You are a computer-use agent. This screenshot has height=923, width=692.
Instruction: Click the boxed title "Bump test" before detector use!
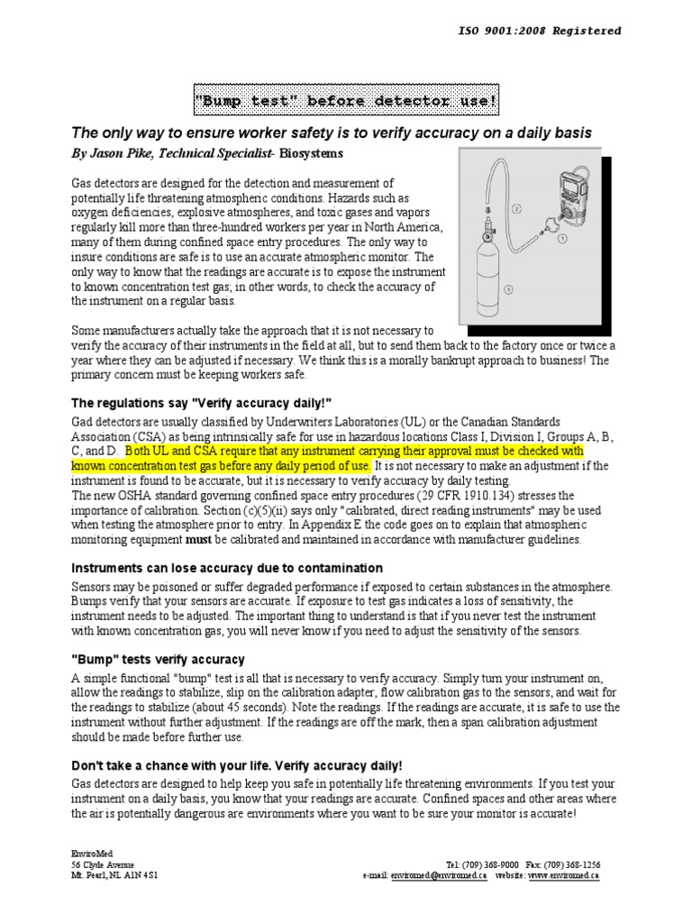tap(347, 100)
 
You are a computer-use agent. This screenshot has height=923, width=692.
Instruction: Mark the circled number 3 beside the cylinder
tap(508, 289)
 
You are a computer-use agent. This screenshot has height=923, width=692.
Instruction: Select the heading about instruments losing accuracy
tap(227, 568)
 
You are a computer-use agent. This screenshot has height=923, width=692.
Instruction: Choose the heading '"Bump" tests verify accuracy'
tap(158, 660)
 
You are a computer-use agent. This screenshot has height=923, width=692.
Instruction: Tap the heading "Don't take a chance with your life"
tap(231, 765)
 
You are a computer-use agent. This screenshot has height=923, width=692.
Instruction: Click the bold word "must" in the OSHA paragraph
tap(198, 539)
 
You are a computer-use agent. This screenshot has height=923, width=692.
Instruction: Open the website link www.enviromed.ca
tap(564, 875)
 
